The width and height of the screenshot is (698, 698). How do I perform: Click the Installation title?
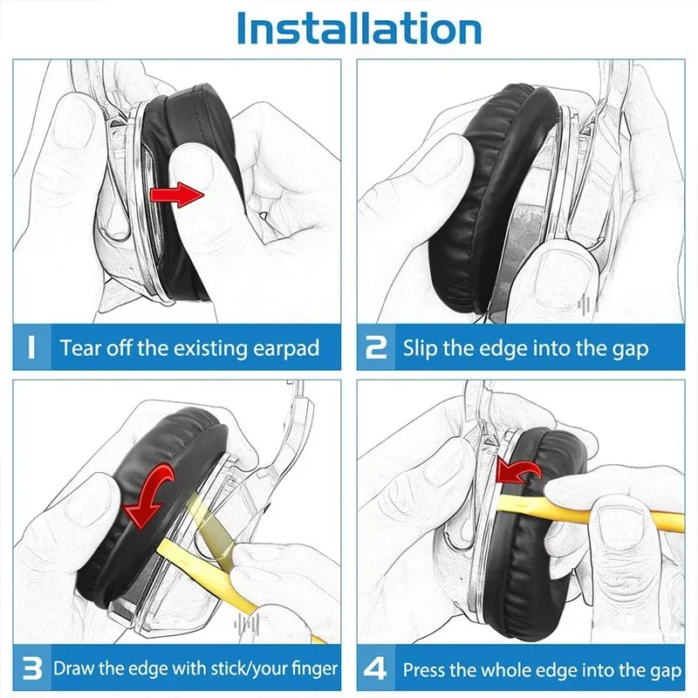pos(359,28)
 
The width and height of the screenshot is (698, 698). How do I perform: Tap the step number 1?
pos(31,348)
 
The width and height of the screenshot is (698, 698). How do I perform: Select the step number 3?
pos(31,670)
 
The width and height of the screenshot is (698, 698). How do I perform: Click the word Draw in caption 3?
pos(73,670)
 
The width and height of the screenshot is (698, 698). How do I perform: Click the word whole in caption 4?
pos(509,670)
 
